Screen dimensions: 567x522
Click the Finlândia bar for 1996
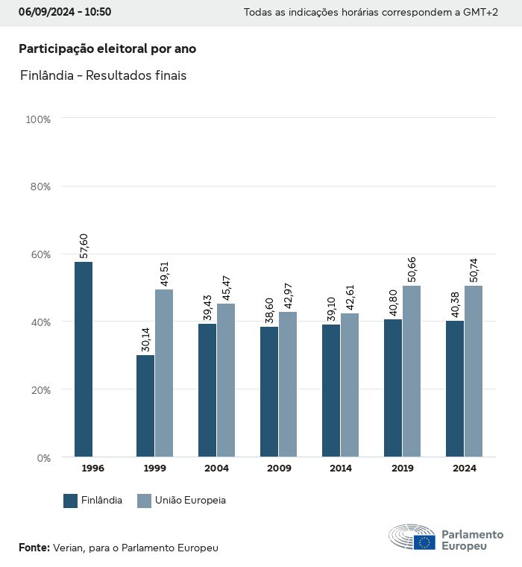(x=84, y=359)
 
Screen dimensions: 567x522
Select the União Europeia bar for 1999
(x=164, y=373)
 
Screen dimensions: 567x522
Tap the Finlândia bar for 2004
(x=207, y=390)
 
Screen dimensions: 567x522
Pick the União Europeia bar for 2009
(x=288, y=384)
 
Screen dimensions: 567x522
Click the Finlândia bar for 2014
(x=331, y=391)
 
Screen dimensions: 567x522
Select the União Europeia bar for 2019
(x=412, y=371)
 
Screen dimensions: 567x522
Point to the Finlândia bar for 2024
(x=455, y=389)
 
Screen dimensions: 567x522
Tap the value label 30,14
(x=145, y=339)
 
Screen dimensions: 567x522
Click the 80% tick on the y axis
(x=38, y=187)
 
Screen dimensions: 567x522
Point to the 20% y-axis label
(x=38, y=389)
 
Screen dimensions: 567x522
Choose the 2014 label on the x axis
(x=340, y=469)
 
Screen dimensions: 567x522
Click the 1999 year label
(x=154, y=469)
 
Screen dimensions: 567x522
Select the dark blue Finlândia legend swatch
(x=71, y=501)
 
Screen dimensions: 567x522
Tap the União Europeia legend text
(x=190, y=501)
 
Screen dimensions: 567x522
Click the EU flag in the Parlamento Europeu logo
(x=425, y=542)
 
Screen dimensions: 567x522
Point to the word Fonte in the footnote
(x=34, y=548)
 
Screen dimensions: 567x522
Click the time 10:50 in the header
(x=97, y=13)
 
